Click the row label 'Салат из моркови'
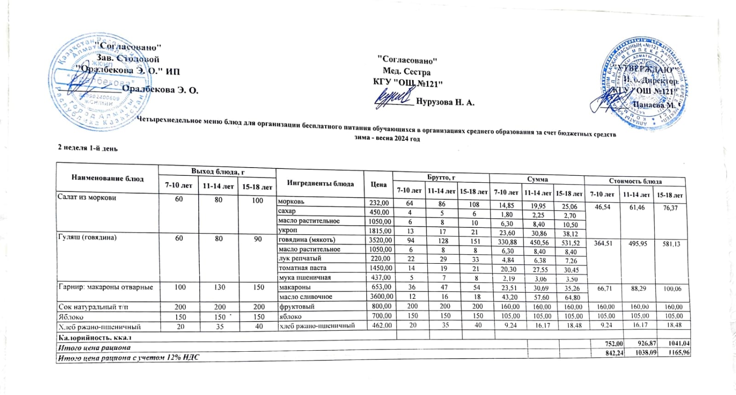tap(87, 197)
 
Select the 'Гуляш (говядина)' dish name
tap(87, 238)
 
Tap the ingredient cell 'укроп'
tap(288, 230)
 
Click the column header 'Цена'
tap(379, 184)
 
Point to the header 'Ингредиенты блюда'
tap(320, 183)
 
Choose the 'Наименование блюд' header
tap(107, 178)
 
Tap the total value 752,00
tap(614, 343)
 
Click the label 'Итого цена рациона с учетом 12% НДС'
tap(129, 357)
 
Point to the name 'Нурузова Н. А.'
tap(445, 102)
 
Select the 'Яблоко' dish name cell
tap(71, 317)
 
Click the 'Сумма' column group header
tap(537, 179)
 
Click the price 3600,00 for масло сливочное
tap(381, 296)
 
